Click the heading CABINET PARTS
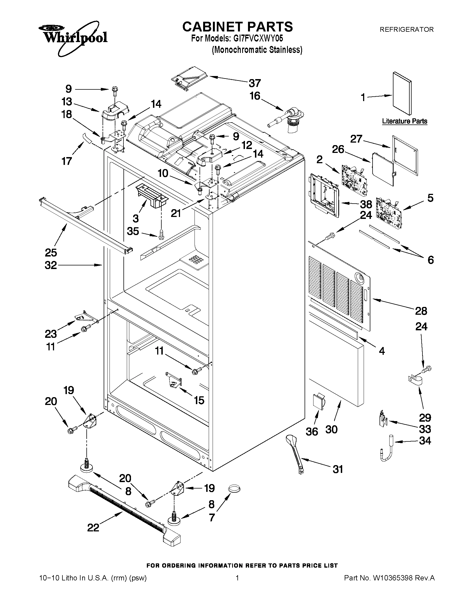237,27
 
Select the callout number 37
255,83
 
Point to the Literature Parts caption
405,121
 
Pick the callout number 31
338,469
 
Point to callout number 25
51,253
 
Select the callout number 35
133,231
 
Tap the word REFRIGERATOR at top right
406,29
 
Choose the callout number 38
366,204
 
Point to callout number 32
51,265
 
